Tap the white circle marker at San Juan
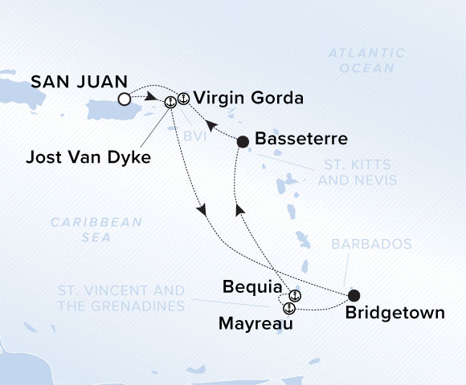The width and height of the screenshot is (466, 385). (124, 99)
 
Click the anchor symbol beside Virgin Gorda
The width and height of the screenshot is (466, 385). (182, 99)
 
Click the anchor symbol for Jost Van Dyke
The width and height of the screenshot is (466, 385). (170, 102)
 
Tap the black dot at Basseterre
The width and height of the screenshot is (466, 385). (243, 141)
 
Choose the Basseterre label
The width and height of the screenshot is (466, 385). (300, 140)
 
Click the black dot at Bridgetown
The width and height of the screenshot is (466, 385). (353, 295)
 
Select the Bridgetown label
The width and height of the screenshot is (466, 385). (394, 314)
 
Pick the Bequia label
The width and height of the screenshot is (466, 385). (252, 287)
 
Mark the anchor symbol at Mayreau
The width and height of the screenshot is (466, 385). (288, 308)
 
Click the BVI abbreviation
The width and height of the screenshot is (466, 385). (194, 137)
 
